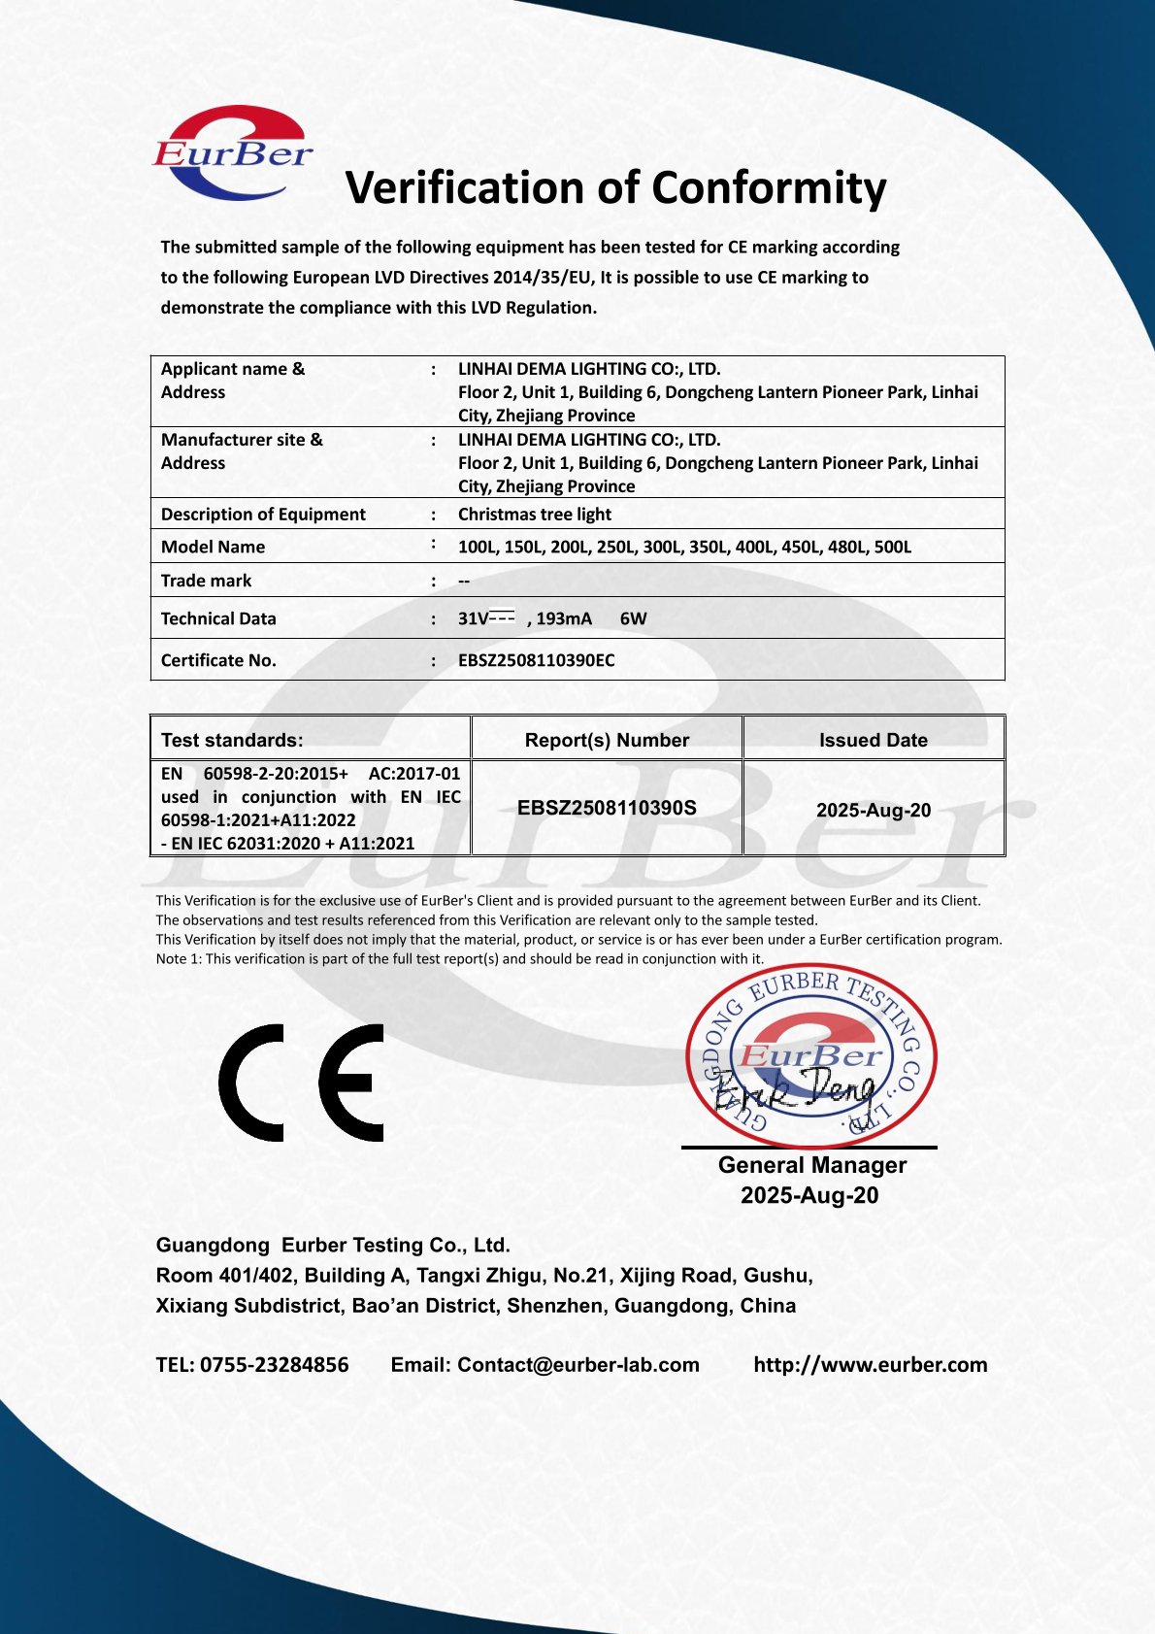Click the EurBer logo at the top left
[233, 153]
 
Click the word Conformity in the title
[769, 188]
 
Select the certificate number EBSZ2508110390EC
[536, 660]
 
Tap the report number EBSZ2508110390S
[607, 808]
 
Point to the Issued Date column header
[873, 740]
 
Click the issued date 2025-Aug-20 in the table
[873, 810]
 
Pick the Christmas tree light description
[534, 515]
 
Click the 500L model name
[893, 547]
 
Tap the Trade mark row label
[206, 581]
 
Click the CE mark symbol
[301, 1082]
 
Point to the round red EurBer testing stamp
[811, 1058]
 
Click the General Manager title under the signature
[811, 1165]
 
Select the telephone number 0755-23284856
[274, 1365]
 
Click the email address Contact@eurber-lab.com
[577, 1365]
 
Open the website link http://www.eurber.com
[870, 1365]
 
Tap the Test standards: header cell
[232, 740]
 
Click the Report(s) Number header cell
[607, 740]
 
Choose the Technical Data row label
[218, 618]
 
